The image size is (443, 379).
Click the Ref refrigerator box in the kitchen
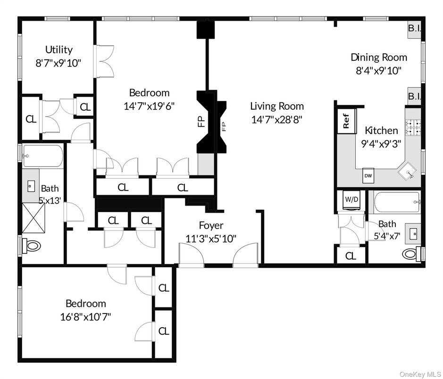pyautogui.click(x=346, y=121)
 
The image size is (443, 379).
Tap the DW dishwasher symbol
pyautogui.click(x=368, y=175)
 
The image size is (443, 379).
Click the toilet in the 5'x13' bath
pyautogui.click(x=32, y=245)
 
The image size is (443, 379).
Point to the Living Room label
pyautogui.click(x=277, y=107)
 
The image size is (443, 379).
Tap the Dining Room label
pyautogui.click(x=378, y=58)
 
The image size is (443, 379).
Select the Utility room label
pyautogui.click(x=59, y=49)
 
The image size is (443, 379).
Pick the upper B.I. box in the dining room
pyautogui.click(x=414, y=29)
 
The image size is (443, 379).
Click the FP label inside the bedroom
pyautogui.click(x=200, y=121)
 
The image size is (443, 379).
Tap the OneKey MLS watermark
pyautogui.click(x=419, y=374)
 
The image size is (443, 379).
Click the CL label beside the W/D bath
pyautogui.click(x=351, y=256)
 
